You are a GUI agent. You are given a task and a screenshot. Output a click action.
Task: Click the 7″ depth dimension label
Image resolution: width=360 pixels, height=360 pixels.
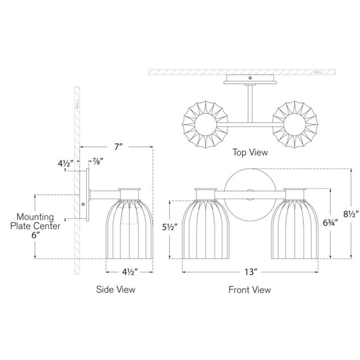point(119,146)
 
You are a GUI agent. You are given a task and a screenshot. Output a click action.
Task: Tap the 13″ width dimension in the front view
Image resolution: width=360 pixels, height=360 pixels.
point(250,272)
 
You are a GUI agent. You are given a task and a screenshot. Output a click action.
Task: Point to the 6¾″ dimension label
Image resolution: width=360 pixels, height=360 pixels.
point(330,223)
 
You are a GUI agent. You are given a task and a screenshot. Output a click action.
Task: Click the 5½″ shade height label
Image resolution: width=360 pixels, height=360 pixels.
point(170,227)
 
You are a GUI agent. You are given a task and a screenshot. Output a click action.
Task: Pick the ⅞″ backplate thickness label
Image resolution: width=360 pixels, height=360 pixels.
point(98,161)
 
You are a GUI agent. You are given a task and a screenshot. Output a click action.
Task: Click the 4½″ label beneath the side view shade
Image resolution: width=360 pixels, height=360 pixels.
point(130,272)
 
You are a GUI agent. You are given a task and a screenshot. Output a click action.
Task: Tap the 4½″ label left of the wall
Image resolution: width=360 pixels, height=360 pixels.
point(65,164)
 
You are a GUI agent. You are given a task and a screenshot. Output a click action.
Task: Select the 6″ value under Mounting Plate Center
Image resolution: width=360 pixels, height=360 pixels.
point(35,235)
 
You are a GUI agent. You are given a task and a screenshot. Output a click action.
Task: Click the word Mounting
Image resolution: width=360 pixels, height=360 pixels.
point(35,217)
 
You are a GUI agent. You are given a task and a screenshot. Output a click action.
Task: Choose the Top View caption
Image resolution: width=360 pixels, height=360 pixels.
point(250,152)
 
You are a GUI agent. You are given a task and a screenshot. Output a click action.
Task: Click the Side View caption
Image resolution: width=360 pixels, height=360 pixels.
point(115,289)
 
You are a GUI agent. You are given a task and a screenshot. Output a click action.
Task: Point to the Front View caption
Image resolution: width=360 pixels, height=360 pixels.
point(250,290)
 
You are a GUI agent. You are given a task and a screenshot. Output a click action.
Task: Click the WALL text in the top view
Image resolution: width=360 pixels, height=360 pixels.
point(318,73)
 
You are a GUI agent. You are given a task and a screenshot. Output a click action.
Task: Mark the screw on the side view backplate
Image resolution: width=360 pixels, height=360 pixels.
point(83,204)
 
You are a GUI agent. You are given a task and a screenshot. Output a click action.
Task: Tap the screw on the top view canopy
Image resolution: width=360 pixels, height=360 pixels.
point(250,78)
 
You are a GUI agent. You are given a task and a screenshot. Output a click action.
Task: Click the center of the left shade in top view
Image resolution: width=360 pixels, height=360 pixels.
point(205,124)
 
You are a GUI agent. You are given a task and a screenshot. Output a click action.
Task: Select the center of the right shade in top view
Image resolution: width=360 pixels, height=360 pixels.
point(295,124)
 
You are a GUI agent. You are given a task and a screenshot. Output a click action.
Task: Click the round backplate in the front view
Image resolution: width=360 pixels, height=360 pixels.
point(250,195)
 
